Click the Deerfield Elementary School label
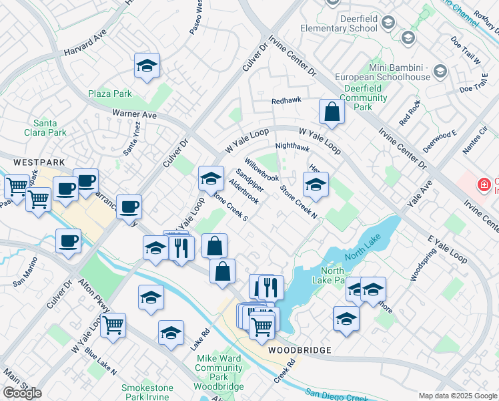339,23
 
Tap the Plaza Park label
109,94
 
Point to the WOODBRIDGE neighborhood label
300,350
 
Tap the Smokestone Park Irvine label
147,392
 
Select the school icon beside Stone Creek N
316,184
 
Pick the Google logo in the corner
21,393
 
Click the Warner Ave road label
134,114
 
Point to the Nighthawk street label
292,147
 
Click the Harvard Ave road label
86,43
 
